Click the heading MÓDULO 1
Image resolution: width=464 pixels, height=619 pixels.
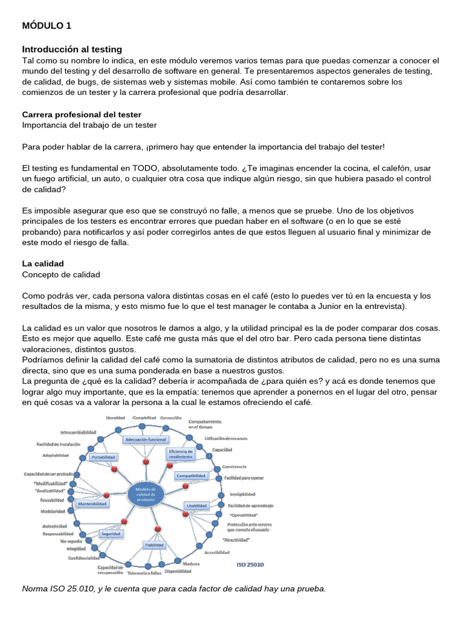coord(47,25)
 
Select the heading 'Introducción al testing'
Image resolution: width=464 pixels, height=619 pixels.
coord(72,49)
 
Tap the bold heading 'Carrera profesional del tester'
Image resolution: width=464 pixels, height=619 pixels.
coord(82,114)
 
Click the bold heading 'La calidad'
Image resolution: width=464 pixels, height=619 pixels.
coord(43,264)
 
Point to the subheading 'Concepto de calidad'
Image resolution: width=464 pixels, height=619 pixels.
coord(61,274)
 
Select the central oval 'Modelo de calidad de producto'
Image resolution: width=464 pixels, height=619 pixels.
coord(146,494)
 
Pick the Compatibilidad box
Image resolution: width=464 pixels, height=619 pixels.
coord(192,476)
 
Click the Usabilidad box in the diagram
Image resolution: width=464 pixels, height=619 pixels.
coord(196,505)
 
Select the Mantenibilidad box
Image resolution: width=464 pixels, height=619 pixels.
coord(93,503)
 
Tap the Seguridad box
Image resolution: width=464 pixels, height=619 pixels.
coord(111,534)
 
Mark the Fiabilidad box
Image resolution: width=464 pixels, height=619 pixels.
coord(154,544)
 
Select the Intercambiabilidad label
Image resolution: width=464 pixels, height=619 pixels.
coord(78,432)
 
